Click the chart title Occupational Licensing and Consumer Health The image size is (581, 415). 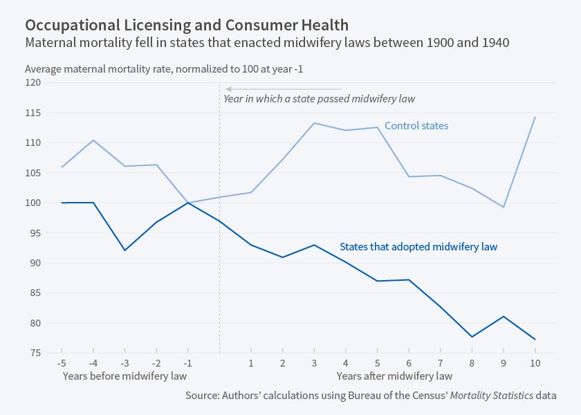[x=187, y=25]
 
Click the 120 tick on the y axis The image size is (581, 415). [x=33, y=82]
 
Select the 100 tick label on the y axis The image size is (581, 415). [x=33, y=203]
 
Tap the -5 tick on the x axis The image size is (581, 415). [x=61, y=362]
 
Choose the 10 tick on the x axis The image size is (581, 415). [x=535, y=362]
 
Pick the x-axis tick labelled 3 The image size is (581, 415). [x=313, y=362]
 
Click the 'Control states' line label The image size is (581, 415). [x=416, y=126]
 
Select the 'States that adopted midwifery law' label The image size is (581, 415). [x=418, y=246]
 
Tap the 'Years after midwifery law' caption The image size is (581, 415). [x=394, y=376]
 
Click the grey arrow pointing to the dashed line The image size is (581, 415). [x=284, y=89]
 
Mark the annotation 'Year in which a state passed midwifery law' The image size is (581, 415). [x=319, y=99]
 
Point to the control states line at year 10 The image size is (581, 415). [x=535, y=118]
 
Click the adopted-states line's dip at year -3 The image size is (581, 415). [x=124, y=250]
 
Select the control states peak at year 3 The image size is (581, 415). [x=313, y=123]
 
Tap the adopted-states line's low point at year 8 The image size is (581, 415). [x=472, y=337]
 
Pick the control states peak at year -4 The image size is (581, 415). [x=93, y=140]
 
